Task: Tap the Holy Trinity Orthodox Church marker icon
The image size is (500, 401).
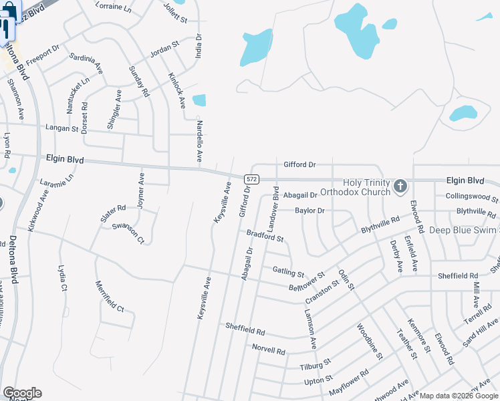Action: (x=400, y=186)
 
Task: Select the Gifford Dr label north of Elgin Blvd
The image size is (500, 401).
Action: (x=299, y=164)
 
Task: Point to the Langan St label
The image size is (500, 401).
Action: (x=62, y=127)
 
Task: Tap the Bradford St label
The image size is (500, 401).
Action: (x=265, y=235)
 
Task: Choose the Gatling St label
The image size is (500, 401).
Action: (x=288, y=272)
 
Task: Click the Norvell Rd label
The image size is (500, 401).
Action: (x=269, y=350)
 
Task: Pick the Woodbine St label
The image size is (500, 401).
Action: (x=369, y=343)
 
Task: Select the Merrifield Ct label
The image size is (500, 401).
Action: (x=110, y=297)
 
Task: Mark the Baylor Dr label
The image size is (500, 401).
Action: (x=309, y=211)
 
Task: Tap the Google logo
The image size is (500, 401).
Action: (x=21, y=393)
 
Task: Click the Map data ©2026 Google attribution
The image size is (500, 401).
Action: (x=459, y=396)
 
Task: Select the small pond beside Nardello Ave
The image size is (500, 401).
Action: (x=199, y=100)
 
